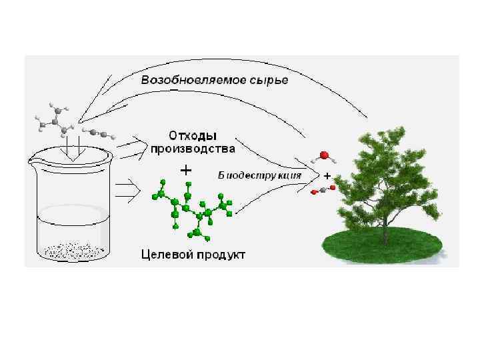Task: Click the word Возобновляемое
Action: point(183,81)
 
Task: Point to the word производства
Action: point(192,147)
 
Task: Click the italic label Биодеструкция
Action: point(259,175)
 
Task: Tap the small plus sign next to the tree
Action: point(327,175)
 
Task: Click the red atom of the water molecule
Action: point(323,156)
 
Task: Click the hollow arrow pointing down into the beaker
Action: point(70,148)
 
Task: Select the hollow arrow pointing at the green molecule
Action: point(128,192)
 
